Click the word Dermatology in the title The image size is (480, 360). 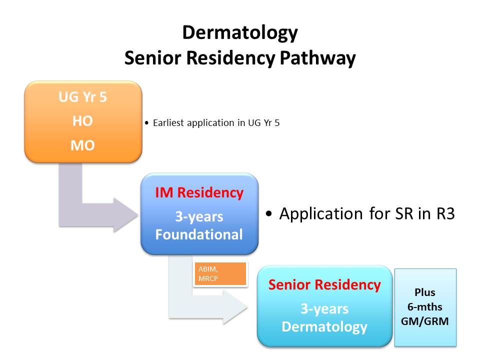click(x=240, y=33)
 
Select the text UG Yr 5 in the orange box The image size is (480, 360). click(x=83, y=97)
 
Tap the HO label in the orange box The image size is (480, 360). click(x=83, y=121)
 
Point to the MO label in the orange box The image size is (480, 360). click(x=83, y=146)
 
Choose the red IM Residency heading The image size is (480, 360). click(x=199, y=192)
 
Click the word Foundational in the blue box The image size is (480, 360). click(x=199, y=234)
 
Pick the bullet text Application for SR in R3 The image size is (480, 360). click(x=366, y=213)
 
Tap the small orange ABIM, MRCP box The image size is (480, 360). click(x=220, y=273)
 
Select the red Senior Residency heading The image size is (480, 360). click(x=324, y=285)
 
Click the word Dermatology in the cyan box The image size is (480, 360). click(x=324, y=327)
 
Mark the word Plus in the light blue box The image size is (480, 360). click(x=425, y=292)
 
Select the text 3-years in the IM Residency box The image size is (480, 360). click(x=199, y=217)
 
